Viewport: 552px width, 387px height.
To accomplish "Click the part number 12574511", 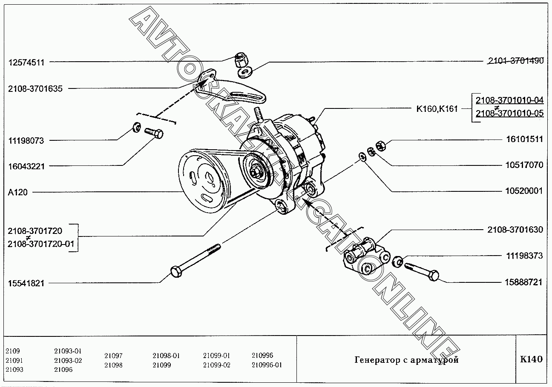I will point(26,62).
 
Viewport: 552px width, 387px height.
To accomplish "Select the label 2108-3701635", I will point(35,89).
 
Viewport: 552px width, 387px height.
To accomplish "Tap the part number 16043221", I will point(26,166).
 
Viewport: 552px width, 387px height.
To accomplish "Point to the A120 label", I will point(17,192).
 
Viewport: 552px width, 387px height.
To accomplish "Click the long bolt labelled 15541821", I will point(196,260).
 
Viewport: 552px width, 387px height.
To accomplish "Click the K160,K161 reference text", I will point(437,109).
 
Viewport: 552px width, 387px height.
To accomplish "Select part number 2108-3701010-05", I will point(509,114).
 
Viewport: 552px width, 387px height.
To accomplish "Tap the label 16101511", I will point(524,139).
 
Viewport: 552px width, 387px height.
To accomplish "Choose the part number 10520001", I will point(524,191).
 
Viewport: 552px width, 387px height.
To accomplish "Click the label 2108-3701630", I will point(515,230).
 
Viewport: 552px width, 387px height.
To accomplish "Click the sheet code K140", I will point(531,359).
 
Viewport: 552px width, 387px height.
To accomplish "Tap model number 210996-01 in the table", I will point(267,365).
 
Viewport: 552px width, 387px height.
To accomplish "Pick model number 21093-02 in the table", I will point(68,361).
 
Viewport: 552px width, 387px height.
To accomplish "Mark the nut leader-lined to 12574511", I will point(241,60).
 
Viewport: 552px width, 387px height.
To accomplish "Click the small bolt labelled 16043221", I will point(154,133).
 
